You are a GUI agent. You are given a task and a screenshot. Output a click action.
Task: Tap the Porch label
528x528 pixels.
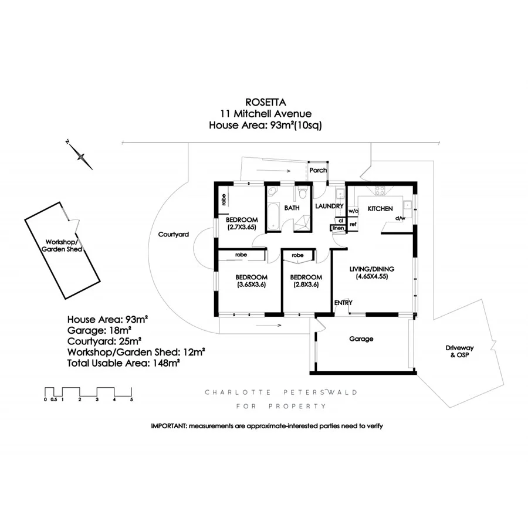tap(318, 170)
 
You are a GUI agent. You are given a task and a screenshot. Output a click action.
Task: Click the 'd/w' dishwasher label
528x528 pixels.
tap(401, 218)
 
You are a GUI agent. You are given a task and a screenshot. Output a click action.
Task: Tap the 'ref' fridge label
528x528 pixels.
tap(353, 224)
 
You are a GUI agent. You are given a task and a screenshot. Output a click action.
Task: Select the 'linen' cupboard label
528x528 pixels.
tap(339, 228)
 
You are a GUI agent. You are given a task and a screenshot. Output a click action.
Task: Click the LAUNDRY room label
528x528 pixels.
tap(329, 207)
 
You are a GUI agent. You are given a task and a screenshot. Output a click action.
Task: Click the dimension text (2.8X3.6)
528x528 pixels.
tap(306, 286)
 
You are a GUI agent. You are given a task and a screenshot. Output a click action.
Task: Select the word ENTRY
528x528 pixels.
tap(343, 302)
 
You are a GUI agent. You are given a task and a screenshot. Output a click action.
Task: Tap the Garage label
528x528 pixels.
tap(361, 339)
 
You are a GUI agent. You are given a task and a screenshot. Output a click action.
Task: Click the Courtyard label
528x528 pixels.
tap(174, 234)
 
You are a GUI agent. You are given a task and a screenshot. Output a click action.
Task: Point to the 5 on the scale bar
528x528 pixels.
tap(131, 400)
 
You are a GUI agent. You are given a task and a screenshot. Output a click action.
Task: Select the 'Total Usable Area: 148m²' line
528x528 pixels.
tap(123, 363)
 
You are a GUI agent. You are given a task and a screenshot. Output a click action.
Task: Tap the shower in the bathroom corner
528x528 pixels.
tap(303, 224)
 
